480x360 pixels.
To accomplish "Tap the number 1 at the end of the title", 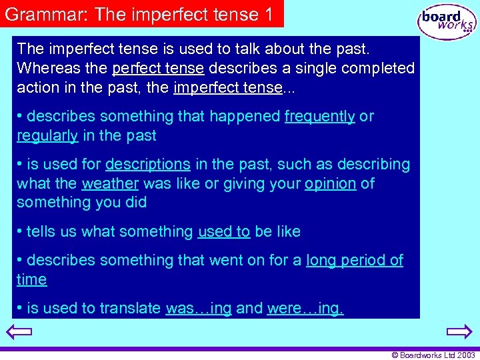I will [x=268, y=15].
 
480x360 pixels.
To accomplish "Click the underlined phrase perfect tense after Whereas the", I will [x=158, y=69].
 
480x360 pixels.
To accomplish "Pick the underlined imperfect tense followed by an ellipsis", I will [x=227, y=88].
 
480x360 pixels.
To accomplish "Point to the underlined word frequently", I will [x=319, y=117].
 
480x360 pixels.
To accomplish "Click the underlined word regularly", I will [x=47, y=136].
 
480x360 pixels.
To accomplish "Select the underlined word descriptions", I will [x=148, y=165].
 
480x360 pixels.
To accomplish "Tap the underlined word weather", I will [x=110, y=184].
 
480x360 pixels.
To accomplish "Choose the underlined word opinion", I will [x=330, y=184].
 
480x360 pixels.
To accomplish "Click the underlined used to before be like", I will [x=224, y=232].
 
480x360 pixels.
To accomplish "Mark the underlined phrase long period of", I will [x=355, y=261].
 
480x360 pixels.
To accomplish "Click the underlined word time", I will [x=32, y=280].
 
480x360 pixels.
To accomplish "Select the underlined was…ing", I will [x=198, y=309].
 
